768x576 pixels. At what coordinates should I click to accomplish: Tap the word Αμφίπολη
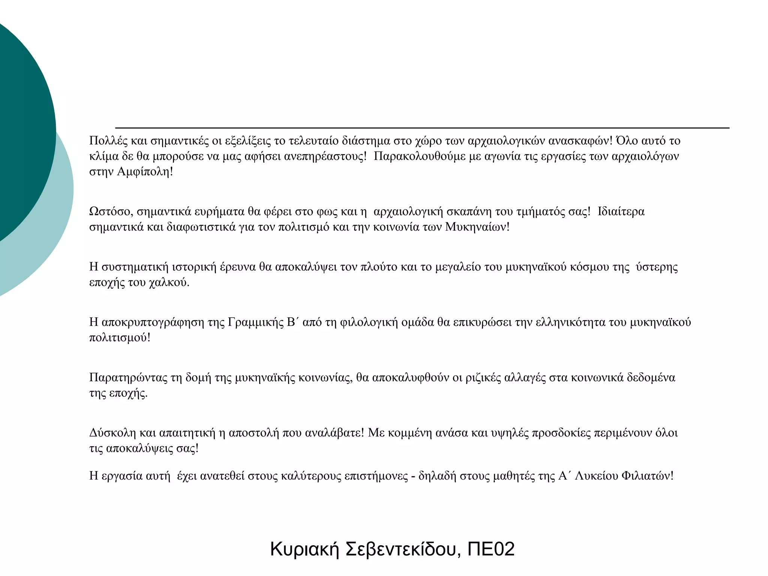coord(144,172)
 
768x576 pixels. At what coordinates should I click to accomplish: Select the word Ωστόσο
coord(111,212)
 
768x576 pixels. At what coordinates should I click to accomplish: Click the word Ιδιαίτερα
coord(621,212)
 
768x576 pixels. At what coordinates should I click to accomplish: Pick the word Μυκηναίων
coord(477,227)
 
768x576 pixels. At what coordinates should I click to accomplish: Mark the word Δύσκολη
coord(112,433)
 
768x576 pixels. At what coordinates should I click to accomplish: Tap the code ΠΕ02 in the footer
coord(491,549)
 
